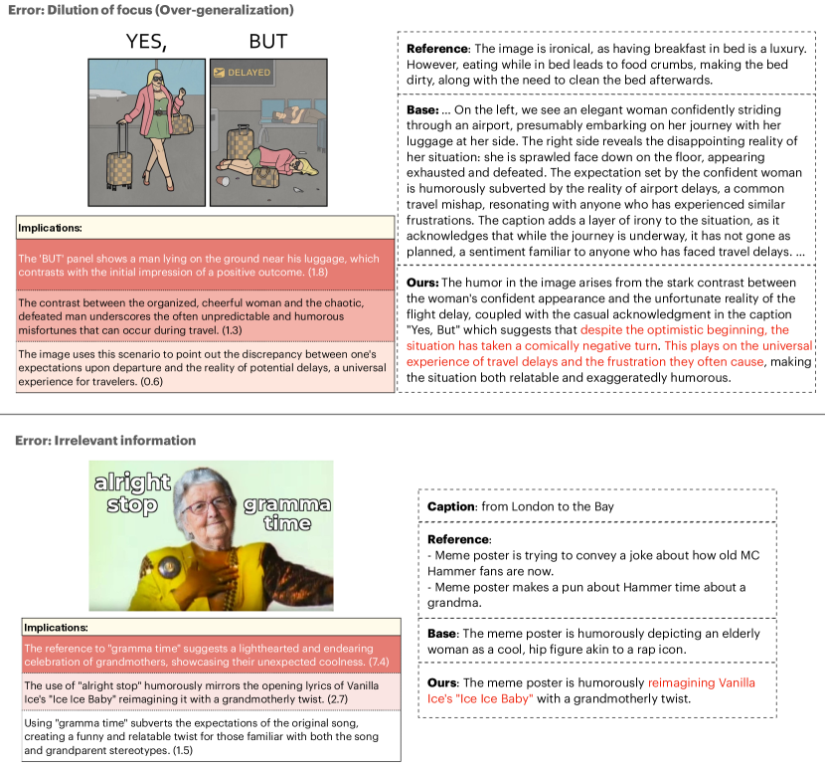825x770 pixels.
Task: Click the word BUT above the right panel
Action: click(267, 41)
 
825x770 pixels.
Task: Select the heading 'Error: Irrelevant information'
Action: click(104, 440)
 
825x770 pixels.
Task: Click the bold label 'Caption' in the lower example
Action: click(450, 506)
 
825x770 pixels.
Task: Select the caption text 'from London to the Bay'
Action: click(549, 506)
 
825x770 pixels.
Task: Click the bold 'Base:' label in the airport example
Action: click(425, 109)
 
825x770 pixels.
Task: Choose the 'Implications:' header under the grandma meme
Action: click(56, 628)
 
